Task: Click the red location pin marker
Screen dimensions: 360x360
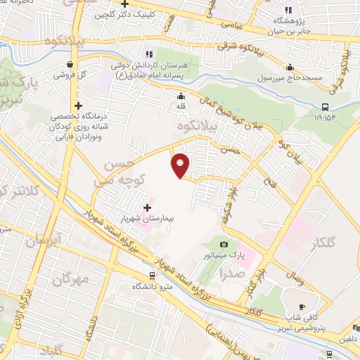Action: tap(181, 165)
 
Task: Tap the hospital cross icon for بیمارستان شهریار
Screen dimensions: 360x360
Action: tap(147, 208)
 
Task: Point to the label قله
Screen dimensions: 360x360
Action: tap(181, 107)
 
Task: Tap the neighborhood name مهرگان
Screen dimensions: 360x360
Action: tap(71, 280)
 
